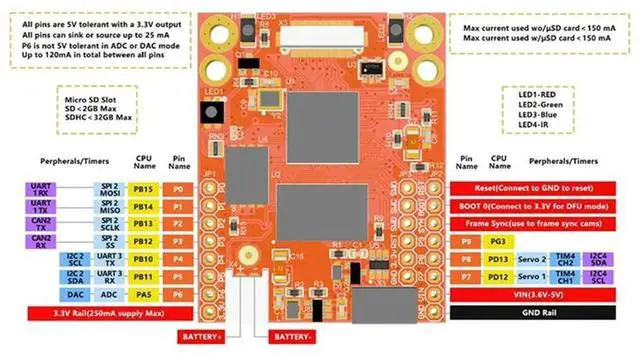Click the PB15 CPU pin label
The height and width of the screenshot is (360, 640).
tap(143, 189)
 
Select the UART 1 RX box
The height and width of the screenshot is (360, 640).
tap(41, 189)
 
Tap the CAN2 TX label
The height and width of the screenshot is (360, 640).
tap(41, 223)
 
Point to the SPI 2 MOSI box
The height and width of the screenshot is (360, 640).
tap(104, 189)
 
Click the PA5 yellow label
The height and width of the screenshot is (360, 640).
tap(143, 294)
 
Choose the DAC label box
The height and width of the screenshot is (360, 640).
tap(75, 294)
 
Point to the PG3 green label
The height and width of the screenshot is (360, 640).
tap(497, 242)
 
